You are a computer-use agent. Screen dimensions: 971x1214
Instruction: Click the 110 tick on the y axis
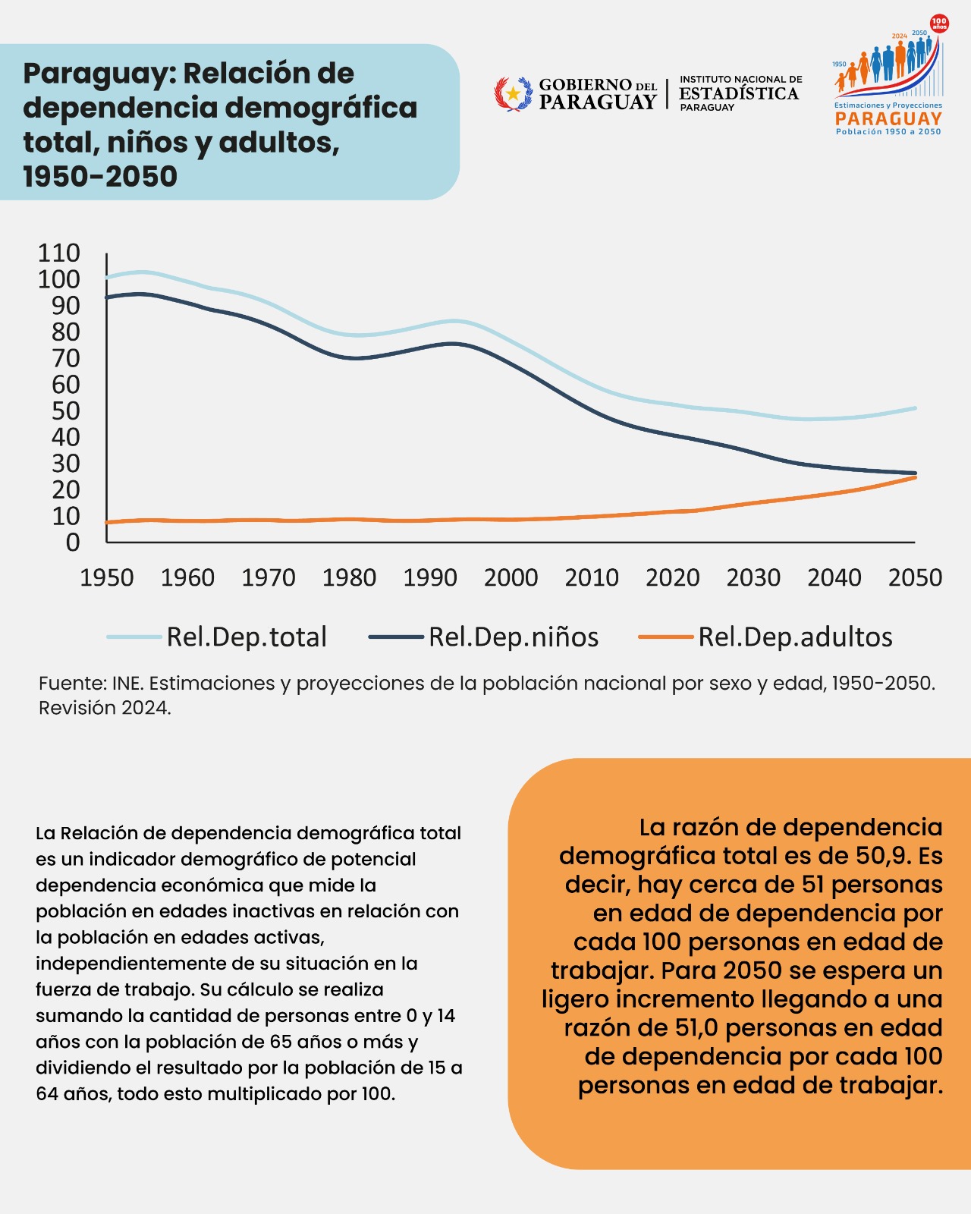[58, 253]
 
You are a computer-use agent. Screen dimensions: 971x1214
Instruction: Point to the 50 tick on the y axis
[66, 410]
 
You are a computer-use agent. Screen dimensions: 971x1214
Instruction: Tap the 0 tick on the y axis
[74, 543]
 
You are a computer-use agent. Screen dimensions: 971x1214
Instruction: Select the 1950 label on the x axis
[107, 577]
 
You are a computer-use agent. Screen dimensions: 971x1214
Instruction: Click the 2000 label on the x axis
[511, 577]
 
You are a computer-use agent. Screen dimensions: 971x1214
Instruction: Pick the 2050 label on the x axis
[915, 577]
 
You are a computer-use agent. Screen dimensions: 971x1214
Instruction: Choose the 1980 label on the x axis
[349, 577]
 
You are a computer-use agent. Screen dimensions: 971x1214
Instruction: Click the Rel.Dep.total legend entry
[217, 637]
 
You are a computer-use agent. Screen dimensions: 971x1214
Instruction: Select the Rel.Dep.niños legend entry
[483, 637]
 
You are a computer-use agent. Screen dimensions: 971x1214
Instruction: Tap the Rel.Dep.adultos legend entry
[765, 637]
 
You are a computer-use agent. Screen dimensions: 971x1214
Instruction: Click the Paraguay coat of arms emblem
[513, 93]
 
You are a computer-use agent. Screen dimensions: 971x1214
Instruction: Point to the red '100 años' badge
[939, 24]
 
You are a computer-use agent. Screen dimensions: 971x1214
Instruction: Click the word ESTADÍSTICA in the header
[739, 93]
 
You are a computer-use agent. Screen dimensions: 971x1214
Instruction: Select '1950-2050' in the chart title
[100, 176]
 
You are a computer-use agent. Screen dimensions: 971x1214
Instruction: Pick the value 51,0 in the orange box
[697, 1027]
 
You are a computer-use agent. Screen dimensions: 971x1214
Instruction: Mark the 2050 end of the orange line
[915, 477]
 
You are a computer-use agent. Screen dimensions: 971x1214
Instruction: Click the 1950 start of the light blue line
[107, 278]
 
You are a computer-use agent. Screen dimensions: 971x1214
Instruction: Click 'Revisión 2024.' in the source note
[105, 708]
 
